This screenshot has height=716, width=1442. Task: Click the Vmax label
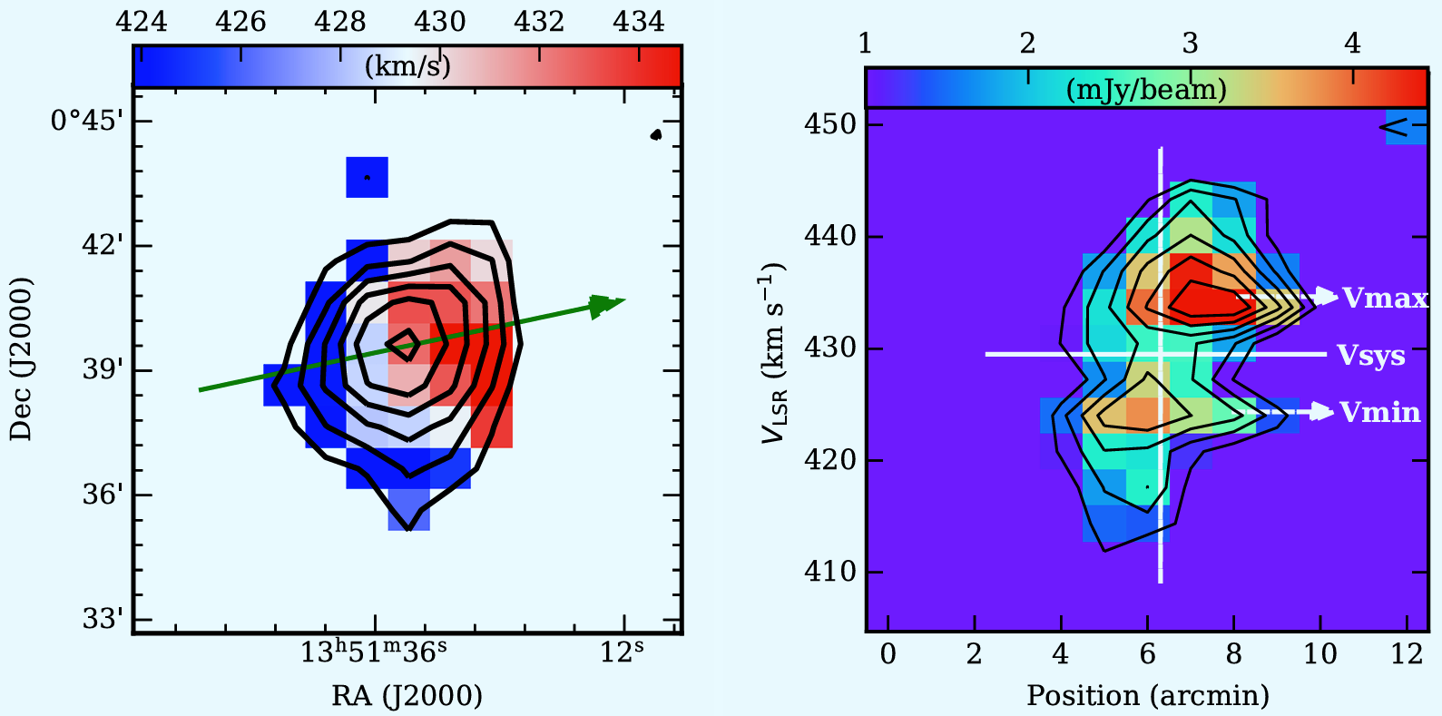pos(1386,299)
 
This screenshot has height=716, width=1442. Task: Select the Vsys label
pos(1371,356)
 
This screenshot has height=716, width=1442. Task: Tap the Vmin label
pos(1380,412)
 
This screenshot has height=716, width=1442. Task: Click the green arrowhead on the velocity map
pos(606,305)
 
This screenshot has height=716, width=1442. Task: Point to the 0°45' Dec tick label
pos(87,120)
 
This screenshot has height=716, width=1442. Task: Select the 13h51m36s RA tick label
pos(374,652)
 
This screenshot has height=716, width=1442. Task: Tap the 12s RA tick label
pos(622,652)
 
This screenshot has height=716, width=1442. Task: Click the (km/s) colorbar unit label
pos(407,65)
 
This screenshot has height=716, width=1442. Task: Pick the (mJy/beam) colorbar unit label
pos(1146,89)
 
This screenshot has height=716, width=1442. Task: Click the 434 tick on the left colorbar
pos(638,22)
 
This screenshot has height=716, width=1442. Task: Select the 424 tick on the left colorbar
pos(141,22)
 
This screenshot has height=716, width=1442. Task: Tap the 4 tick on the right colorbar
pos(1352,44)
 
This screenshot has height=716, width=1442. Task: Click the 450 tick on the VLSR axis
pos(829,123)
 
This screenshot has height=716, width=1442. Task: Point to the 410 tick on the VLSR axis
pos(829,572)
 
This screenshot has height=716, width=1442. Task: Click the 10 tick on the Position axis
pos(1320,654)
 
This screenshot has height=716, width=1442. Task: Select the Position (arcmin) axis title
pos(1148,695)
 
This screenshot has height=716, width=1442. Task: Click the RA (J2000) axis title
pos(407,695)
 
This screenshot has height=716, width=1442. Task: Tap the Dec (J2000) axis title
pos(21,359)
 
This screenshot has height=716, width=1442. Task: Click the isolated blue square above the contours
pos(367,177)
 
